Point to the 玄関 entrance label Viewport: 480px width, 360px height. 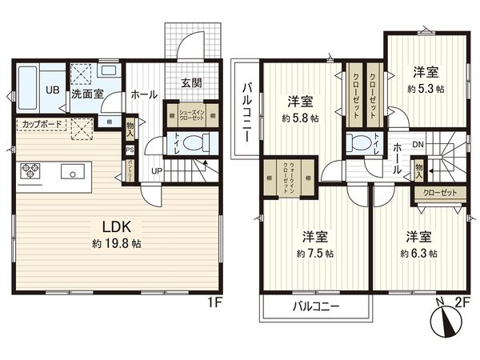(191, 83)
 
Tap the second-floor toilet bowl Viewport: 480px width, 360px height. (357, 144)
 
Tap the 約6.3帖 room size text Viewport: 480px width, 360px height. (420, 253)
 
